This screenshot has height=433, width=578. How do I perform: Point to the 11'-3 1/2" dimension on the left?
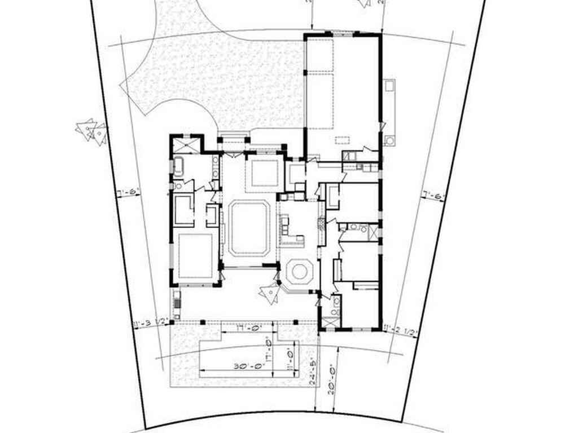coord(151,323)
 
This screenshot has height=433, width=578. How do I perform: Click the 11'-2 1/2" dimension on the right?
coord(400,330)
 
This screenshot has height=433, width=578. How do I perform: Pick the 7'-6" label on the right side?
coord(433,197)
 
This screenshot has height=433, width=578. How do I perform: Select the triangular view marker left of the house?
coord(91,131)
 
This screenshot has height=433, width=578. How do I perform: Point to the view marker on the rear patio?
coord(270,293)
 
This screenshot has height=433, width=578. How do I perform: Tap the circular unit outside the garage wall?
coord(388,140)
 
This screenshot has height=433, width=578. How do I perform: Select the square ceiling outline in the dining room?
coord(265,173)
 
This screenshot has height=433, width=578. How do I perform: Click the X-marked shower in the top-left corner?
coord(186,144)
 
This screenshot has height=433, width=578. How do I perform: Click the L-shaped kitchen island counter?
coord(291,231)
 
